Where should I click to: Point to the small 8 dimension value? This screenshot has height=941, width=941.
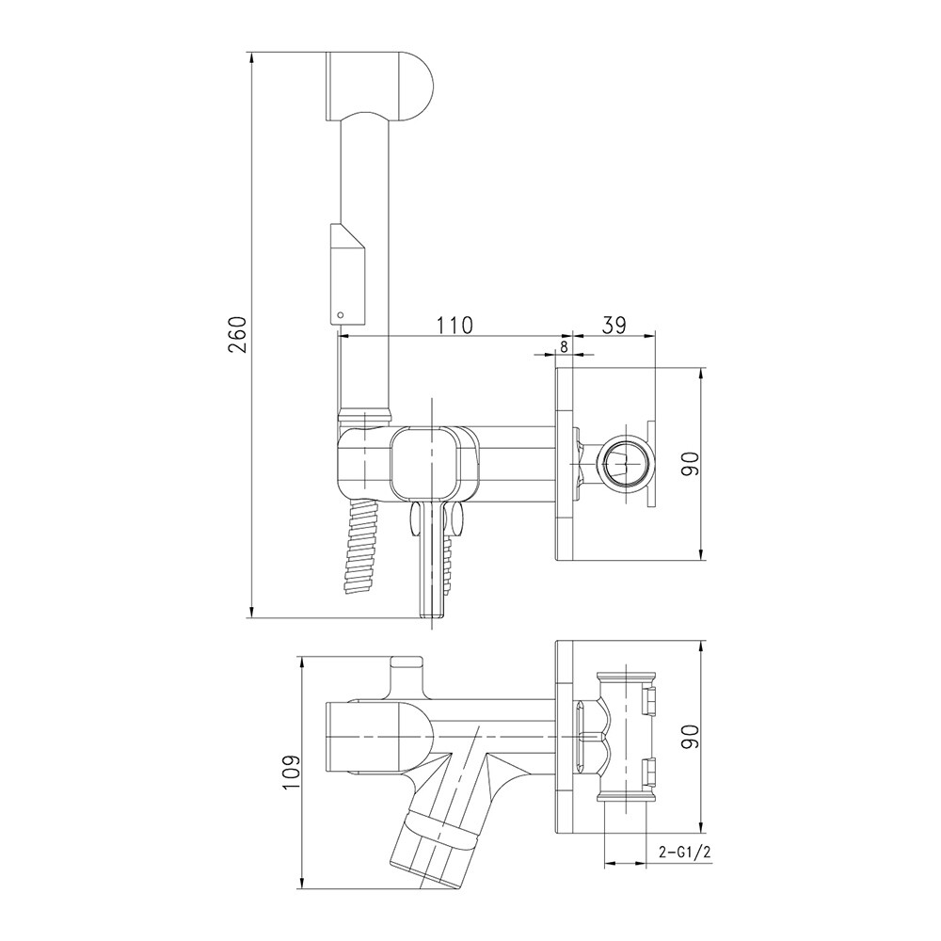coord(564,345)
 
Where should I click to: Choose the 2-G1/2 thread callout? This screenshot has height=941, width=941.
coord(684,853)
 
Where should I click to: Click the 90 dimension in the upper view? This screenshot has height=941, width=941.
coord(692,463)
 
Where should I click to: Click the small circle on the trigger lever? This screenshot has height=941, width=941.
coord(342,312)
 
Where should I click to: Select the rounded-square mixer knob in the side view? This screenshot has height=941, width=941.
coord(428,463)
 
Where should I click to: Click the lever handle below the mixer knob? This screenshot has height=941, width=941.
coord(430,560)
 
